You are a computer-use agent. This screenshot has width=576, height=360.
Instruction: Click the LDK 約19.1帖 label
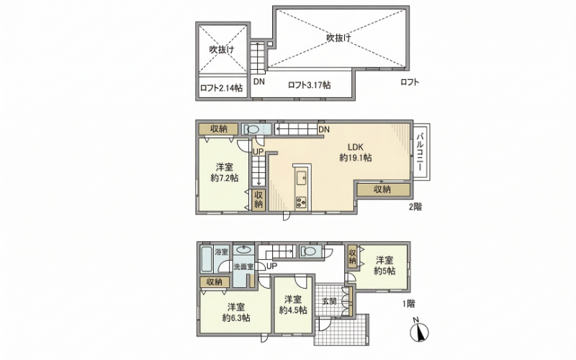(x=355, y=153)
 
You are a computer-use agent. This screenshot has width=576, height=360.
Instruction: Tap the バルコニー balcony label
(x=420, y=151)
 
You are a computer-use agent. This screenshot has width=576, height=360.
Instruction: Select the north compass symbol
(x=419, y=330)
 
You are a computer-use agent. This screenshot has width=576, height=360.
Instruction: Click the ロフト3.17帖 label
(x=310, y=85)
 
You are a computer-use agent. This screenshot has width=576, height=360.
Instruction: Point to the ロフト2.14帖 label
(x=221, y=88)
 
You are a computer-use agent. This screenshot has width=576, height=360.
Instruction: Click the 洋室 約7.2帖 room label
(x=225, y=173)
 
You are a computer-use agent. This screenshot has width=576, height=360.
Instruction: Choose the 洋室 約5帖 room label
(x=384, y=266)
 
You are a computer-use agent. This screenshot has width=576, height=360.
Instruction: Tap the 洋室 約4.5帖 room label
(x=293, y=305)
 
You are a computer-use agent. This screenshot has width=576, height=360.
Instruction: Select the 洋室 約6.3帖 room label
(x=236, y=312)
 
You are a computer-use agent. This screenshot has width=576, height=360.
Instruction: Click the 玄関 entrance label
(x=330, y=302)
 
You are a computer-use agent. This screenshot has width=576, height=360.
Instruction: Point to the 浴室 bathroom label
(x=222, y=252)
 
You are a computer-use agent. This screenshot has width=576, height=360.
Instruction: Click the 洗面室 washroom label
(x=243, y=267)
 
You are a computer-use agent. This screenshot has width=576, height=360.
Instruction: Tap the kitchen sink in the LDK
(x=302, y=179)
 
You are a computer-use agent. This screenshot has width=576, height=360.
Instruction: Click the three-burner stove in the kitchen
(x=302, y=202)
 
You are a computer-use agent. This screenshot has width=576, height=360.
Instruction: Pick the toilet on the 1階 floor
(x=310, y=251)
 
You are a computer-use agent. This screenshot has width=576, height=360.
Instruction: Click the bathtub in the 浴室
(x=207, y=259)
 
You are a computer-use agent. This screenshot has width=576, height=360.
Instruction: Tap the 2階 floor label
(x=415, y=207)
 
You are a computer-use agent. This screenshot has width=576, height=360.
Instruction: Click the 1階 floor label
(x=409, y=304)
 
